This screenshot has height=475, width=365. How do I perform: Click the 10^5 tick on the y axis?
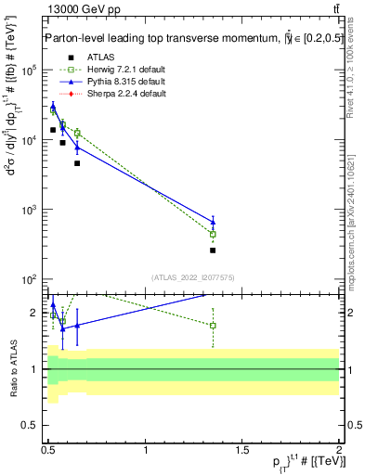[x=30, y=71]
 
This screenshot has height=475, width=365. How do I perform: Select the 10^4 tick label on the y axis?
[x=30, y=140]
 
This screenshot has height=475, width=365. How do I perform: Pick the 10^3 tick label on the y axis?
[x=30, y=210]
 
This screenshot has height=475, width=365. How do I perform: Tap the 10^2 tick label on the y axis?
[x=30, y=279]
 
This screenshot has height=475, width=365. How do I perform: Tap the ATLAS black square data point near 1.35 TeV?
[x=213, y=250]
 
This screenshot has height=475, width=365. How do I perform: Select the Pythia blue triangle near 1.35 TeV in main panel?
[x=213, y=221]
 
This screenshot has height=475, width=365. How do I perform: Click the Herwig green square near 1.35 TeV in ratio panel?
[x=213, y=326]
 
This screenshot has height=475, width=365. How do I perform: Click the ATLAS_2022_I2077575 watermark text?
[x=192, y=276]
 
